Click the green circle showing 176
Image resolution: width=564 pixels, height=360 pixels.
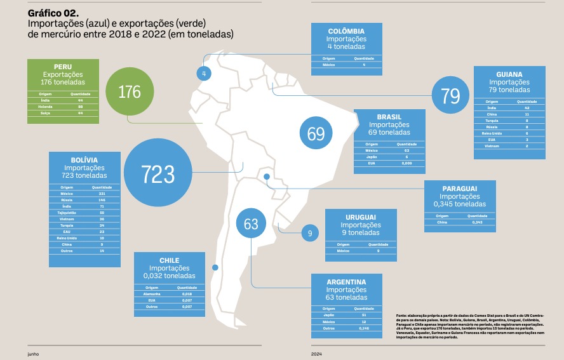[x=130, y=92]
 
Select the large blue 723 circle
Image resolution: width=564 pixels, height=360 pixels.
[x=158, y=173]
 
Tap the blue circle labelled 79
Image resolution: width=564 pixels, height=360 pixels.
[x=450, y=96]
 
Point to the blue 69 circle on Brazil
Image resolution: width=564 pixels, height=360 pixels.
[x=316, y=134]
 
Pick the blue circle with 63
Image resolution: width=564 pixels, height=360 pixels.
[x=251, y=223]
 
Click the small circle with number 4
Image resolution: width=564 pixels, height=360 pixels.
[x=204, y=74]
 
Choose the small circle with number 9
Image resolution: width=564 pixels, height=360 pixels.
[x=309, y=233]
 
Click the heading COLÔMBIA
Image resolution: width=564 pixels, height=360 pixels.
[x=346, y=31]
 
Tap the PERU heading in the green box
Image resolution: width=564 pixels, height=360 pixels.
[x=63, y=66]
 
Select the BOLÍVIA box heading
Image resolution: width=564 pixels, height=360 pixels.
[x=84, y=159]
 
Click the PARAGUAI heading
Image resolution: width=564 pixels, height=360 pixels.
[x=460, y=189]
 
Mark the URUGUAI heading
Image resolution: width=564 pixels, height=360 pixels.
[x=360, y=217]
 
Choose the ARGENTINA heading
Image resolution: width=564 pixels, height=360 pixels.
[x=346, y=282]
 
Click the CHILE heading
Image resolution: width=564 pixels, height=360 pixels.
[x=169, y=260]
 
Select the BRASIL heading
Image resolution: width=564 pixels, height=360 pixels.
[x=389, y=117]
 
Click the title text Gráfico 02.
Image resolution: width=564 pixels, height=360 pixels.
[x=53, y=13]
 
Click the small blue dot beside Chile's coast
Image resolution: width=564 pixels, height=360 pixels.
[x=215, y=267]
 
